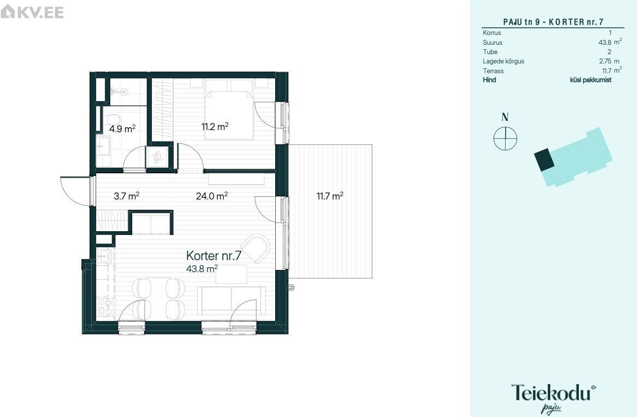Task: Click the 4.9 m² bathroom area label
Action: [122, 129]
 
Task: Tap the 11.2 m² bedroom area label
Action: [215, 126]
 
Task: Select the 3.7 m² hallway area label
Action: [126, 196]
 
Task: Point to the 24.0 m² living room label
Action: [212, 196]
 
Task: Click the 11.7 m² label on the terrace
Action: [330, 196]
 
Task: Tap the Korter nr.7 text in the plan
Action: [213, 256]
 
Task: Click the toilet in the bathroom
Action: [111, 121]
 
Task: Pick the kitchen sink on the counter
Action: [105, 256]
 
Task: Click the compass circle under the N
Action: [505, 138]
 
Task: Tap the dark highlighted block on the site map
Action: [544, 160]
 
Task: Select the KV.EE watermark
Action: [32, 11]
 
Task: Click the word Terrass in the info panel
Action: [493, 71]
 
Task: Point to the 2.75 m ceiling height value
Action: [609, 61]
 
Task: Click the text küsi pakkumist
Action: [591, 80]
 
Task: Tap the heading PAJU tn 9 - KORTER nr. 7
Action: [553, 22]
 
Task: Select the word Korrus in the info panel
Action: [492, 33]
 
